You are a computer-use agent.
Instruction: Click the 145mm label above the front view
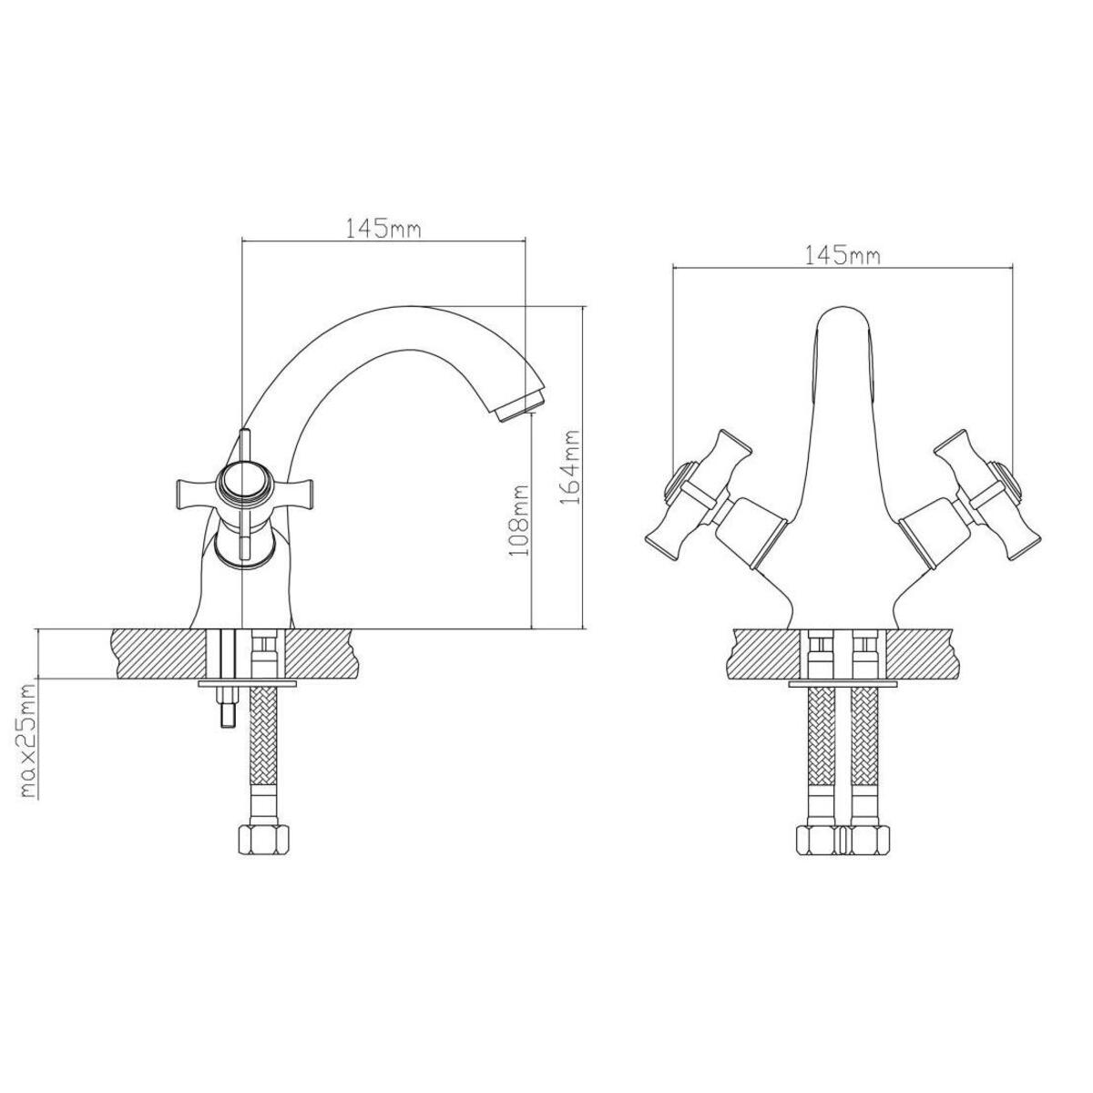click(843, 255)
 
